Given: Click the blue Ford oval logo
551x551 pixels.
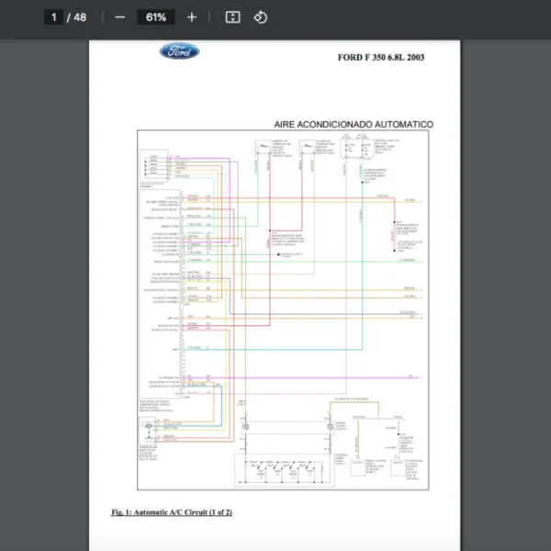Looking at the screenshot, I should point(179,52).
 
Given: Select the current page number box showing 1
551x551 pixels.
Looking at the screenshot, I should point(54,17).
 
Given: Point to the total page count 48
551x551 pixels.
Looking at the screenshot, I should point(80,17).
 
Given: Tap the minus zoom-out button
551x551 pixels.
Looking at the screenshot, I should point(119,17).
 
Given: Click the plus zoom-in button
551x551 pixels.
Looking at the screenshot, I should point(191,17).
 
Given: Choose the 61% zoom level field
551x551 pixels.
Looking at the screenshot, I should point(155,17).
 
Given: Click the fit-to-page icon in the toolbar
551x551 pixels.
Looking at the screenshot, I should point(232,17).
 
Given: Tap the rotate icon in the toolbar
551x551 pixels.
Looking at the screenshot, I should point(260,17).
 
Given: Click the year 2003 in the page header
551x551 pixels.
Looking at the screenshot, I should point(412,57).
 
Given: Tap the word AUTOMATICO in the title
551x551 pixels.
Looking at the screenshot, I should point(403,124).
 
